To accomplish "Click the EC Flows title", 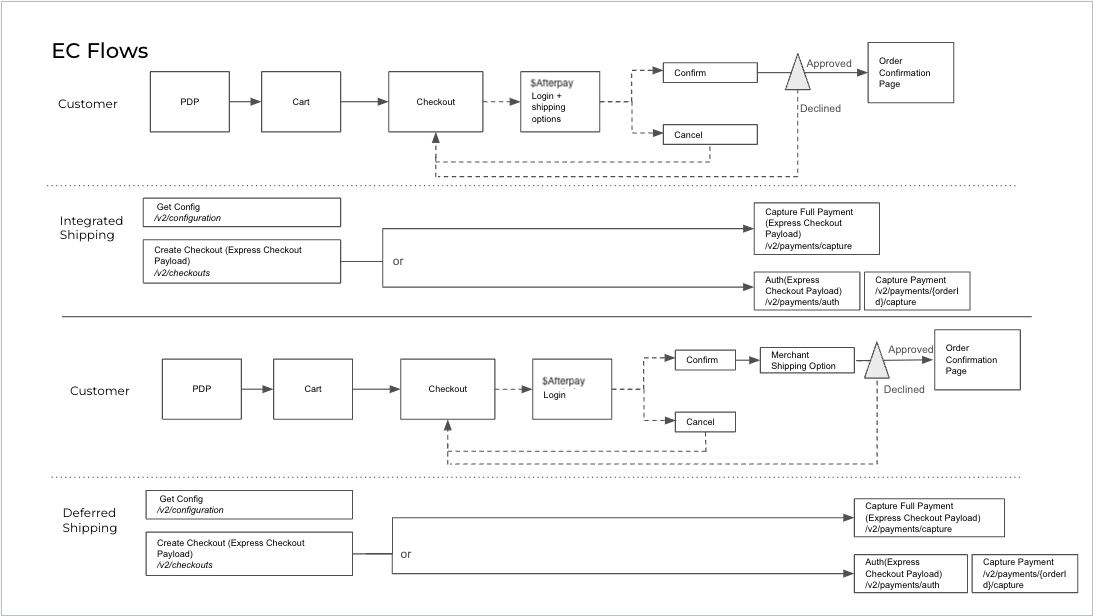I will click(100, 51).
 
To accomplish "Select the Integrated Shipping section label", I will click(91, 228).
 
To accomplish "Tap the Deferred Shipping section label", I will click(90, 520).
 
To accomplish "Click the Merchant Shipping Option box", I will click(806, 360).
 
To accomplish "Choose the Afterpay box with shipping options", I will click(560, 101).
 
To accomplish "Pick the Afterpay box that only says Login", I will click(572, 389).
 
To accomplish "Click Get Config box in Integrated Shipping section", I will click(242, 212).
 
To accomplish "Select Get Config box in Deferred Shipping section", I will click(250, 504).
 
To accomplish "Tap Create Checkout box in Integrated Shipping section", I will click(242, 261).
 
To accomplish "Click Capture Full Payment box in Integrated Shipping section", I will click(816, 229).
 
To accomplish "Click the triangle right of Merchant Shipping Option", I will click(876, 362).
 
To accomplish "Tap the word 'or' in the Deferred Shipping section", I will click(406, 553).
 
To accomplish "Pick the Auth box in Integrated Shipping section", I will click(806, 290).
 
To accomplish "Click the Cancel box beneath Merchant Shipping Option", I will click(705, 422).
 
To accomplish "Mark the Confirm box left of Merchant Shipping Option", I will click(705, 360).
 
